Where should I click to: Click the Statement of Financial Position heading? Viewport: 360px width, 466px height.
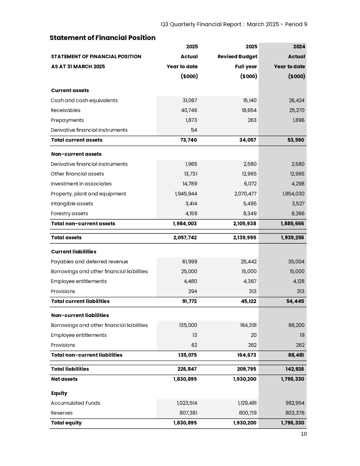102,38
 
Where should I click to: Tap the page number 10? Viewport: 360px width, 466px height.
304,434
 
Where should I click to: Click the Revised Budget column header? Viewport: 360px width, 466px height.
237,56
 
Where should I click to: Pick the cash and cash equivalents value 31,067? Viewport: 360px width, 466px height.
190,100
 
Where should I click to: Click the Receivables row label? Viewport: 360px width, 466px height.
66,110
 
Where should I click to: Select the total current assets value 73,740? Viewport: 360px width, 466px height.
188,140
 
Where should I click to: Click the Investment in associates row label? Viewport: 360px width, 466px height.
81,184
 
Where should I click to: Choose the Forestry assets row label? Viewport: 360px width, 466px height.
70,213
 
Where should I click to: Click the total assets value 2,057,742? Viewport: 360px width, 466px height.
185,237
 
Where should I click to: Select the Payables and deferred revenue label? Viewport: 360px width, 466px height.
90,261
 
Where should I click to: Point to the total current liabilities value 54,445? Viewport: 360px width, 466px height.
295,301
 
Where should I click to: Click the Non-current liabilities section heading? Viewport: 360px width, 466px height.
80,315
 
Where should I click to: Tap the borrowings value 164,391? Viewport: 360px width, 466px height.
248,325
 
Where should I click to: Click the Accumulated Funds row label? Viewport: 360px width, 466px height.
76,403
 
